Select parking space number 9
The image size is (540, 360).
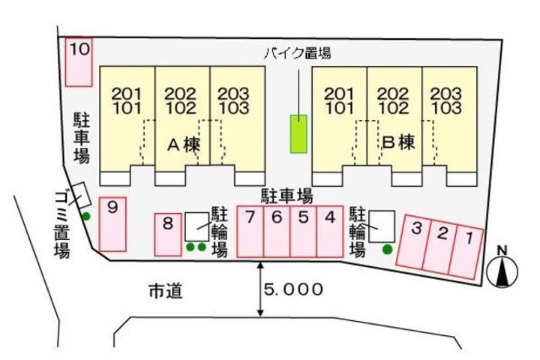(113, 223)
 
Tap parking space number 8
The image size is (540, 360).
(168, 234)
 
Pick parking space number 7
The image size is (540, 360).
(250, 232)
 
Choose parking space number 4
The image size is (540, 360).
(329, 232)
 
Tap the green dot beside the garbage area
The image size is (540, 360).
(86, 217)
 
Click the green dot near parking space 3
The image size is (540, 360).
(387, 249)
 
